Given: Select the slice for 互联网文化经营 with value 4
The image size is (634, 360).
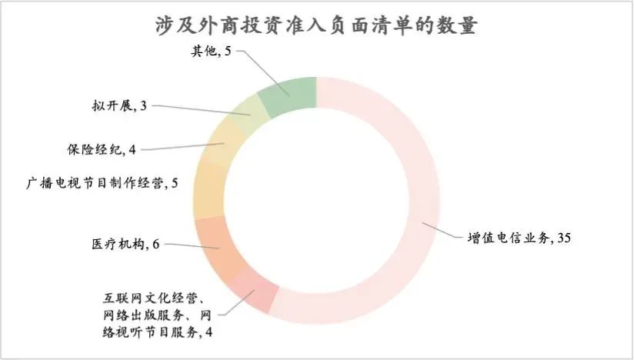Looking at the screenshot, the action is click(x=254, y=289).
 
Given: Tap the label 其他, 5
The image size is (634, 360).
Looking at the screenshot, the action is click(x=211, y=52).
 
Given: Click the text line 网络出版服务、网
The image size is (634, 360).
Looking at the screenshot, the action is click(x=155, y=315).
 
